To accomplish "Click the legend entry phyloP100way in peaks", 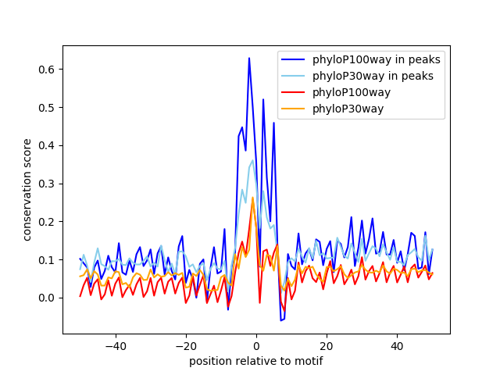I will tap(377, 59).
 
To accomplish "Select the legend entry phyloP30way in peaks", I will tap(373, 76).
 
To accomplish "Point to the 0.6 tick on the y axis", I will tap(48, 70).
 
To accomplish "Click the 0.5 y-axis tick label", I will tap(48, 107).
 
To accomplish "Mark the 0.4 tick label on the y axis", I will tap(48, 145).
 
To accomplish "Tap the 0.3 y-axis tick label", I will tap(48, 184).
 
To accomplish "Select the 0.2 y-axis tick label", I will tap(48, 222).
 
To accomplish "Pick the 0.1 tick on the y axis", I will tap(48, 259).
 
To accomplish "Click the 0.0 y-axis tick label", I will tap(48, 298).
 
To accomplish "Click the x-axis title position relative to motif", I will tap(255, 361).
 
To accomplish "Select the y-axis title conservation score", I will tap(27, 189).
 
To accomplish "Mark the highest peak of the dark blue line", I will tap(249, 58).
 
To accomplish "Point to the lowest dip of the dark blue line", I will tap(280, 320).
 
